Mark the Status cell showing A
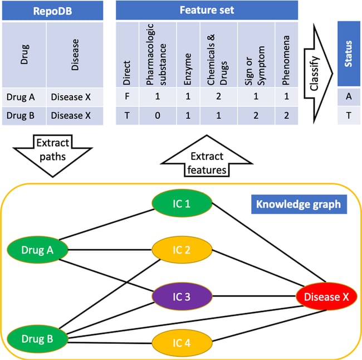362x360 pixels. (349, 96)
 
